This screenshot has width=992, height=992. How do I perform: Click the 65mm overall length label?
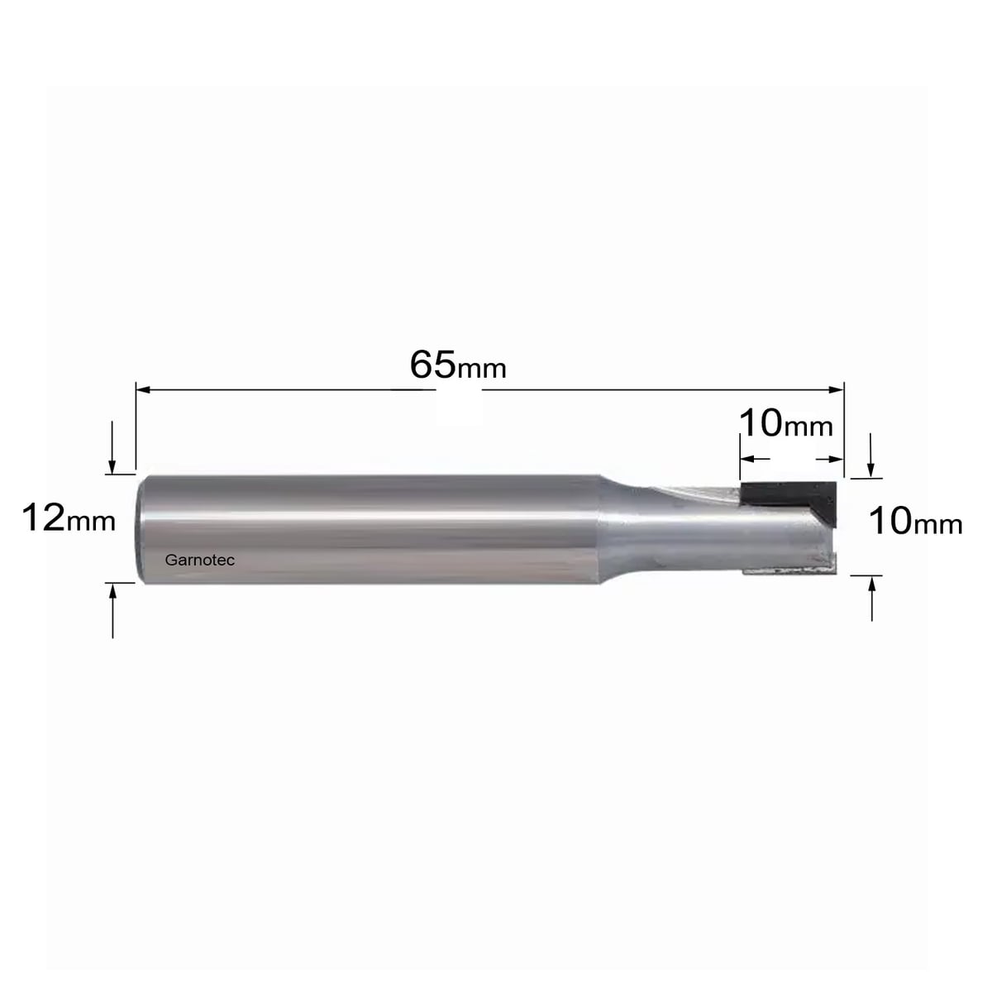click(458, 365)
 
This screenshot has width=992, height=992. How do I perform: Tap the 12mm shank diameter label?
click(69, 517)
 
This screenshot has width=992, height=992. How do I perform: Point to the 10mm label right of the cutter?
click(915, 521)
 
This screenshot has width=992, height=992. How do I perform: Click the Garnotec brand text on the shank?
click(200, 560)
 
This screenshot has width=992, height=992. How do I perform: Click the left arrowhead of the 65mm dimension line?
click(142, 389)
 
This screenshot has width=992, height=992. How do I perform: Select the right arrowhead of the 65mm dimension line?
click(837, 389)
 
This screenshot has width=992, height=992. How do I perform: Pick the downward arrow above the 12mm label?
click(112, 447)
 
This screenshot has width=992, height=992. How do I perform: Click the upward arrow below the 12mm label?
click(112, 611)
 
